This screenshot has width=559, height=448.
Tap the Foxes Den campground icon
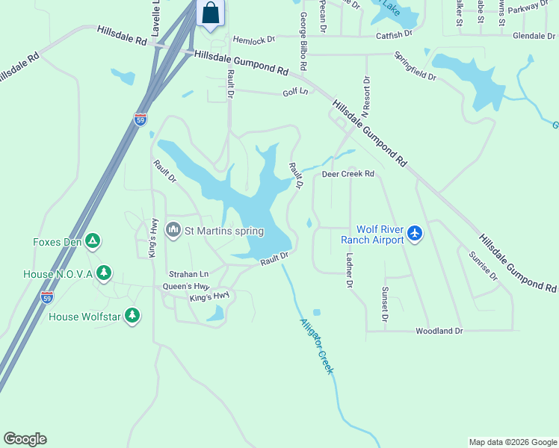(x=93, y=241)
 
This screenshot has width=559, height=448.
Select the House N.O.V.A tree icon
(x=105, y=273)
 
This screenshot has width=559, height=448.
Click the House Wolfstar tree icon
(x=132, y=316)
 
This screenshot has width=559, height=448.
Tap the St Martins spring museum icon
(x=173, y=228)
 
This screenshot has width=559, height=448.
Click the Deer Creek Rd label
(x=348, y=174)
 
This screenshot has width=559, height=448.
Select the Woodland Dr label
(x=439, y=330)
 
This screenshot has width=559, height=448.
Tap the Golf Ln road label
(x=295, y=92)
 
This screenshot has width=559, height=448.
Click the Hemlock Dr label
(x=254, y=39)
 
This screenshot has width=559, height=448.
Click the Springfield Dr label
(x=416, y=66)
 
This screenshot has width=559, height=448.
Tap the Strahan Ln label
(x=188, y=274)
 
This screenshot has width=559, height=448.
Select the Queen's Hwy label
(x=186, y=286)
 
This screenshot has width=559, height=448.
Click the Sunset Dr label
(x=385, y=303)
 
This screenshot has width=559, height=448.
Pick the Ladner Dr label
(x=349, y=270)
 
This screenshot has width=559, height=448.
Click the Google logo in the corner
(x=25, y=439)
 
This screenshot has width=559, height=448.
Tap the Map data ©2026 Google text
(x=512, y=442)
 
